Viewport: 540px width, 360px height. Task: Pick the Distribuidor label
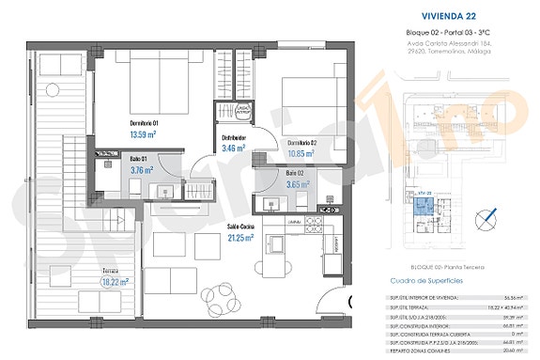(233, 136)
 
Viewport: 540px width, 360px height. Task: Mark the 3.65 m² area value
(299, 185)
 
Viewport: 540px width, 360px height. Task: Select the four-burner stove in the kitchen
(312, 226)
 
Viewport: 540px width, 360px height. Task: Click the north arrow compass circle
(486, 221)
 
